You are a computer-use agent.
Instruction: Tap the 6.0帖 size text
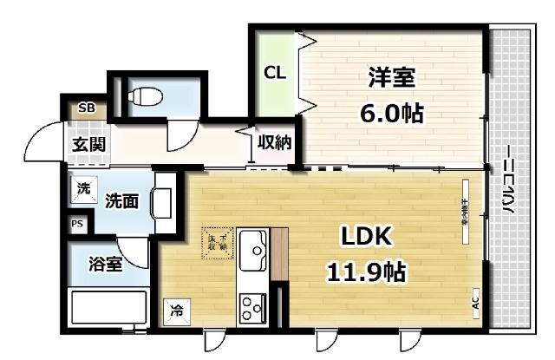[x=392, y=112]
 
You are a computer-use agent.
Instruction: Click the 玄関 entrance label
[x=88, y=144]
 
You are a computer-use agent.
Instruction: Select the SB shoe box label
[x=87, y=108]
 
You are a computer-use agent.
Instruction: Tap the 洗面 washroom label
[x=121, y=201]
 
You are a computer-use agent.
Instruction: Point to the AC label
[x=475, y=303]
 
